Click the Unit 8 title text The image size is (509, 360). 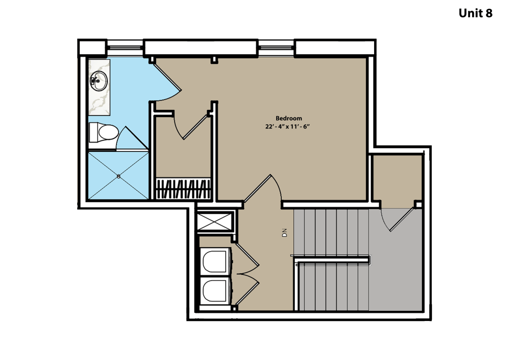click(475, 13)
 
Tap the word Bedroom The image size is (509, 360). click(289, 118)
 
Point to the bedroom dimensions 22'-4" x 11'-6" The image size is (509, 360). click(288, 126)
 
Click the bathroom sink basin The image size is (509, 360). click(99, 81)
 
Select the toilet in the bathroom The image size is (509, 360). click(103, 132)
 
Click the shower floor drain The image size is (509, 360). click(119, 176)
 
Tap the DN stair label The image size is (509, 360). click(285, 233)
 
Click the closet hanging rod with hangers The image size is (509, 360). click(183, 189)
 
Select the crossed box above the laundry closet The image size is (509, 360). click(215, 221)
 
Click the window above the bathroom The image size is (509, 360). click(125, 47)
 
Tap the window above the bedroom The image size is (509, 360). click(276, 47)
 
